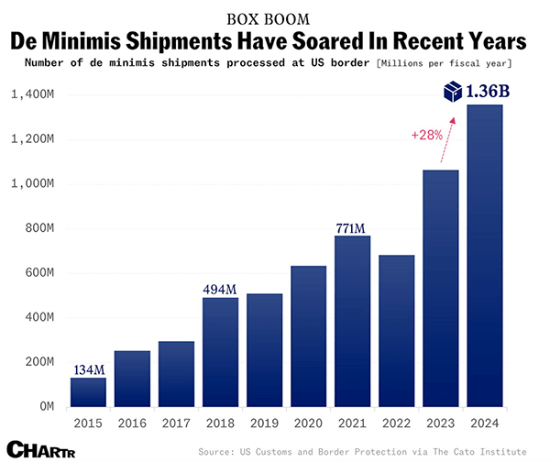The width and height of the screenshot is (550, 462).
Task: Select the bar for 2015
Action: tap(88, 391)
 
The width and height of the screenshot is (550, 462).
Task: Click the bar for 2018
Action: tap(220, 351)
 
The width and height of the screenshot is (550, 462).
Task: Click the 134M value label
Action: tap(88, 368)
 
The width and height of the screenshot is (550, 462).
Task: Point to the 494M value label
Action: tap(220, 289)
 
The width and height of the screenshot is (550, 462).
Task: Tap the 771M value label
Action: tap(352, 226)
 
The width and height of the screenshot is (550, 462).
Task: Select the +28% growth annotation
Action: tap(426, 135)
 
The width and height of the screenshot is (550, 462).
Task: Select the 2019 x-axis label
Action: tap(264, 423)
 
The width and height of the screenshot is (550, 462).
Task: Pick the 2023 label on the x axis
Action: tap(440, 423)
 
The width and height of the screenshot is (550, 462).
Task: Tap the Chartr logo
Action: tap(37, 448)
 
